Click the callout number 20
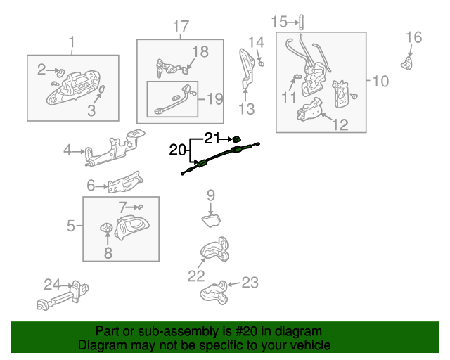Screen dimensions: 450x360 click(178, 150)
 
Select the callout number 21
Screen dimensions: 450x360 click(212, 138)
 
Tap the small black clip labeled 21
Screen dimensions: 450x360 click(236, 139)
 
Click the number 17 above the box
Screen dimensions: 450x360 click(181, 26)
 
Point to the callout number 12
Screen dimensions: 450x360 click(340, 124)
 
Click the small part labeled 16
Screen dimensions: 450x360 click(407, 63)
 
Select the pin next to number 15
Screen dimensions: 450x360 click(301, 22)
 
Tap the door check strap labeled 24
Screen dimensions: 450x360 click(63, 295)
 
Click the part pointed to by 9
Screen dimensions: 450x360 click(211, 221)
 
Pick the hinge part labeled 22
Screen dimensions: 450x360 click(215, 250)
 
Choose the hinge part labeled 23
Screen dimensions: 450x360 click(214, 292)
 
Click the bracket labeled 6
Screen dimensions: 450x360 click(125, 182)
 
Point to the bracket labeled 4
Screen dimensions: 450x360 click(115, 148)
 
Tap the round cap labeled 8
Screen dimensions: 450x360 click(106, 228)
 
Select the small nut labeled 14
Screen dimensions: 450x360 click(261, 63)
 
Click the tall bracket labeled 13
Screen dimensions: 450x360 click(247, 68)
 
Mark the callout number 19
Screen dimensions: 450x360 click(215, 99)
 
